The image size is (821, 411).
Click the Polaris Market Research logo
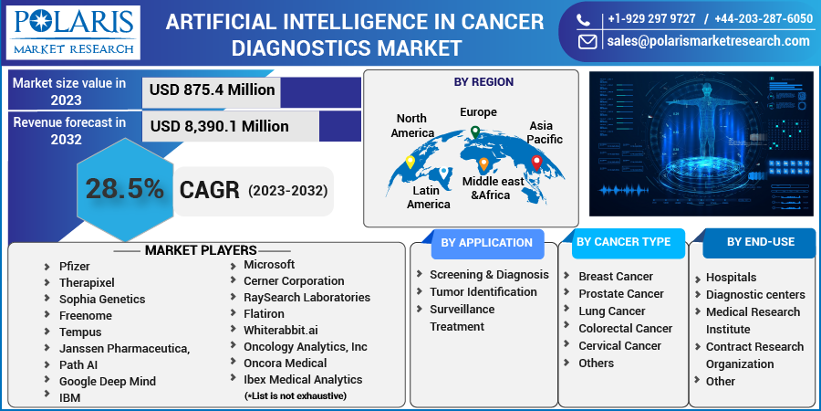73,32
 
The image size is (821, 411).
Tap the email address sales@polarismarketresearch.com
707,41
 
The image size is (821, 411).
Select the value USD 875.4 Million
212,90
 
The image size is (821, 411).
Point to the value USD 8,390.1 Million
219,126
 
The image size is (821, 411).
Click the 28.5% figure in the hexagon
125,189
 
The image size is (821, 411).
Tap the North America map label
412,126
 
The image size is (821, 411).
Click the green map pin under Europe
474,133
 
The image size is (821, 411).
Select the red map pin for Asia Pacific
536,163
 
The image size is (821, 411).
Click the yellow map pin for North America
410,163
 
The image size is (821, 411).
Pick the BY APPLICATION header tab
486,243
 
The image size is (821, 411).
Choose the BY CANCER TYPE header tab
624,242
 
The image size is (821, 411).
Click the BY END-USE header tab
760,242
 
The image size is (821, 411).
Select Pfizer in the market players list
75,266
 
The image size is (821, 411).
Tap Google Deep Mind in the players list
107,382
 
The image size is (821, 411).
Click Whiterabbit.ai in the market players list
280,331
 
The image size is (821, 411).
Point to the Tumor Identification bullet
483,292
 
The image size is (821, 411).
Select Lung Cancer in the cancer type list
611,311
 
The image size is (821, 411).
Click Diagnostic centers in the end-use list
754,295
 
